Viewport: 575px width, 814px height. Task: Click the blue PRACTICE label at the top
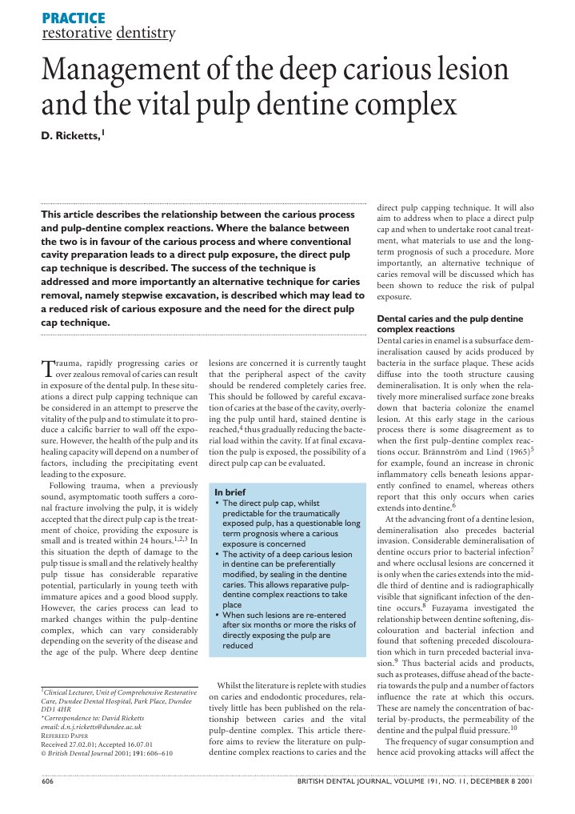[73, 18]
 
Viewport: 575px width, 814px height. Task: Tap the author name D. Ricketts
[71, 137]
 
